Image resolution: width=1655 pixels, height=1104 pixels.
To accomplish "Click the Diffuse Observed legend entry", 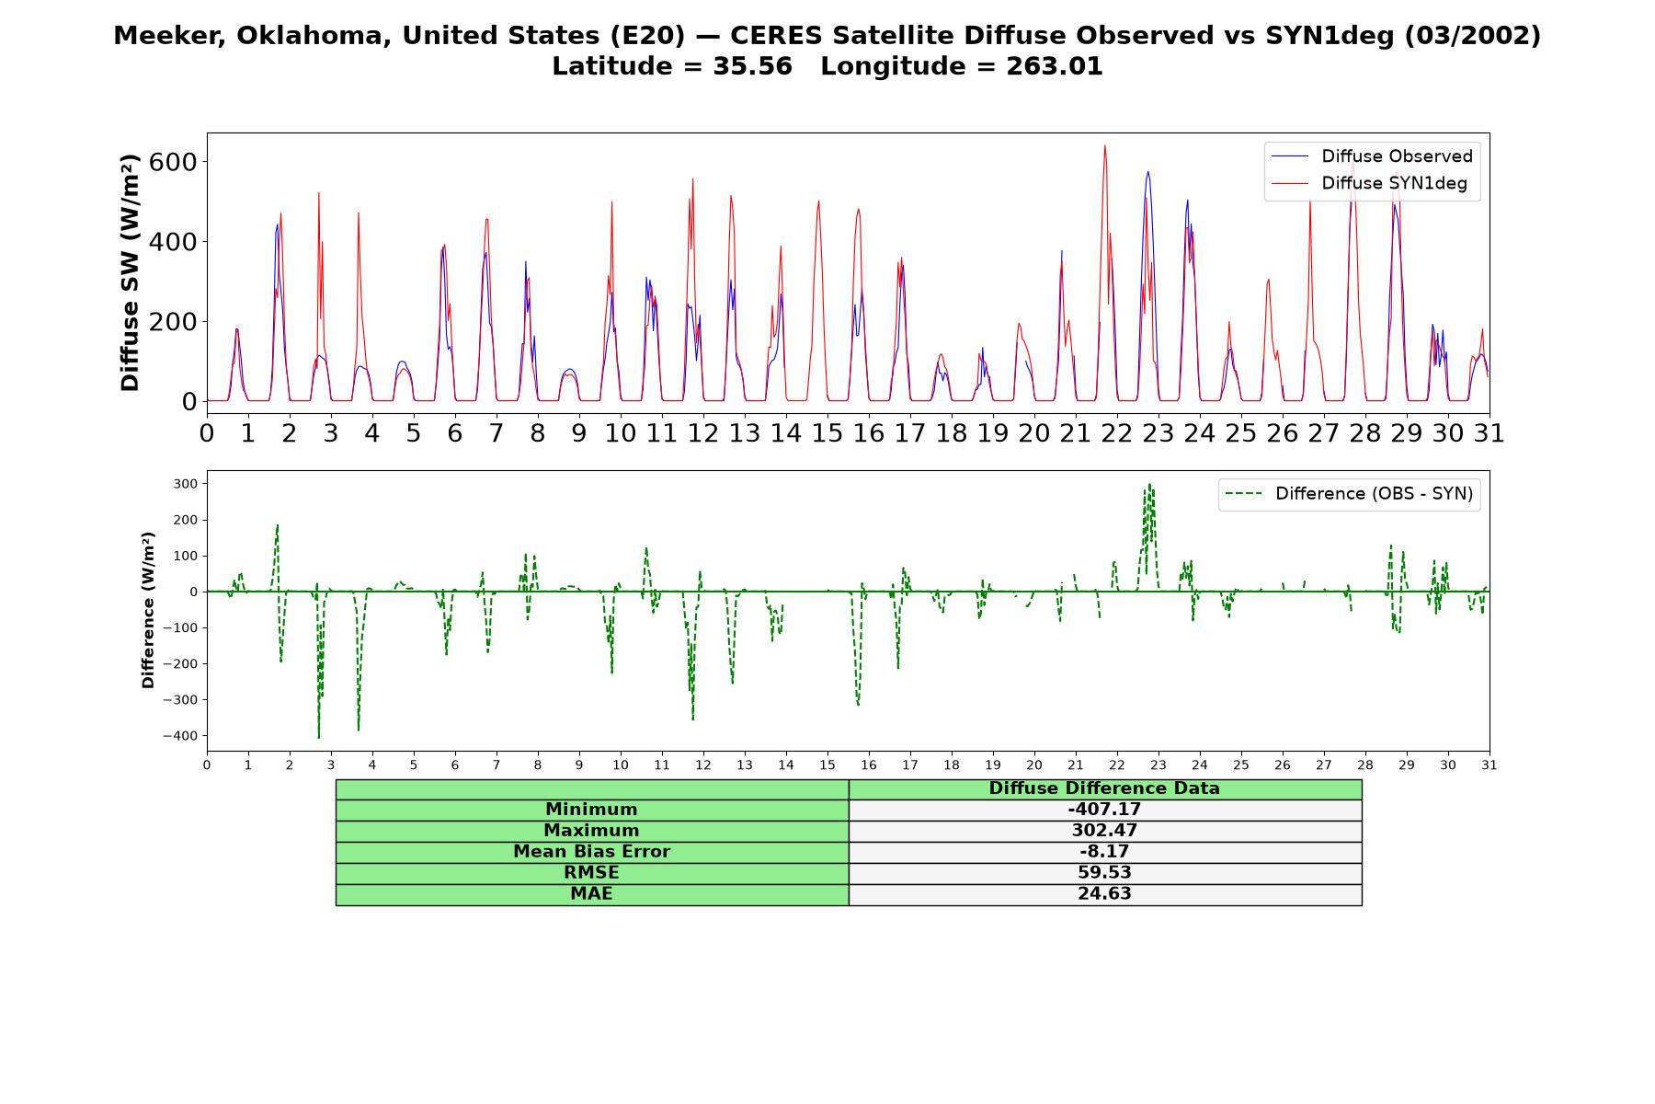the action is click(x=1372, y=156).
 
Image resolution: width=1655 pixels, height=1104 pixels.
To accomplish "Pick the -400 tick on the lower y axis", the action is click(x=180, y=736).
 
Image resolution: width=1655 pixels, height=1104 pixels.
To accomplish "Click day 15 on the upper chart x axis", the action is click(x=827, y=433).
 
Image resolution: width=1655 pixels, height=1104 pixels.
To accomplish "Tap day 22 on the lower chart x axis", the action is click(x=1117, y=765).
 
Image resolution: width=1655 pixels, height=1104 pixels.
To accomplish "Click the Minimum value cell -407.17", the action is click(x=1104, y=810).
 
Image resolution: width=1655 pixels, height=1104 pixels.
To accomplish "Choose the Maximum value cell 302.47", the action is click(x=1104, y=831).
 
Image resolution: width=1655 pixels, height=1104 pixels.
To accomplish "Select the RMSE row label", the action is click(x=591, y=873).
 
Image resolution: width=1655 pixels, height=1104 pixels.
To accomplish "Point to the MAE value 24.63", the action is click(x=1104, y=894).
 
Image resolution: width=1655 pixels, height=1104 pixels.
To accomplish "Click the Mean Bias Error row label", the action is click(x=591, y=852).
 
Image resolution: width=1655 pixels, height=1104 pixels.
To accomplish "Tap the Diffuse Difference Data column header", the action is click(x=1104, y=788).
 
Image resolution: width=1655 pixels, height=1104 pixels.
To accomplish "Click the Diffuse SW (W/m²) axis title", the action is click(x=130, y=272).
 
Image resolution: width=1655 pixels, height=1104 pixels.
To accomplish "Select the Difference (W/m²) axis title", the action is click(x=148, y=610).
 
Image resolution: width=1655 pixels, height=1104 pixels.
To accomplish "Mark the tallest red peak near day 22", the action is click(x=1104, y=145).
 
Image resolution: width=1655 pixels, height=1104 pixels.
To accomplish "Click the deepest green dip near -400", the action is click(x=319, y=738).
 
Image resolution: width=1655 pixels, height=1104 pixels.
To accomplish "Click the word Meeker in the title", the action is click(x=169, y=36).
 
